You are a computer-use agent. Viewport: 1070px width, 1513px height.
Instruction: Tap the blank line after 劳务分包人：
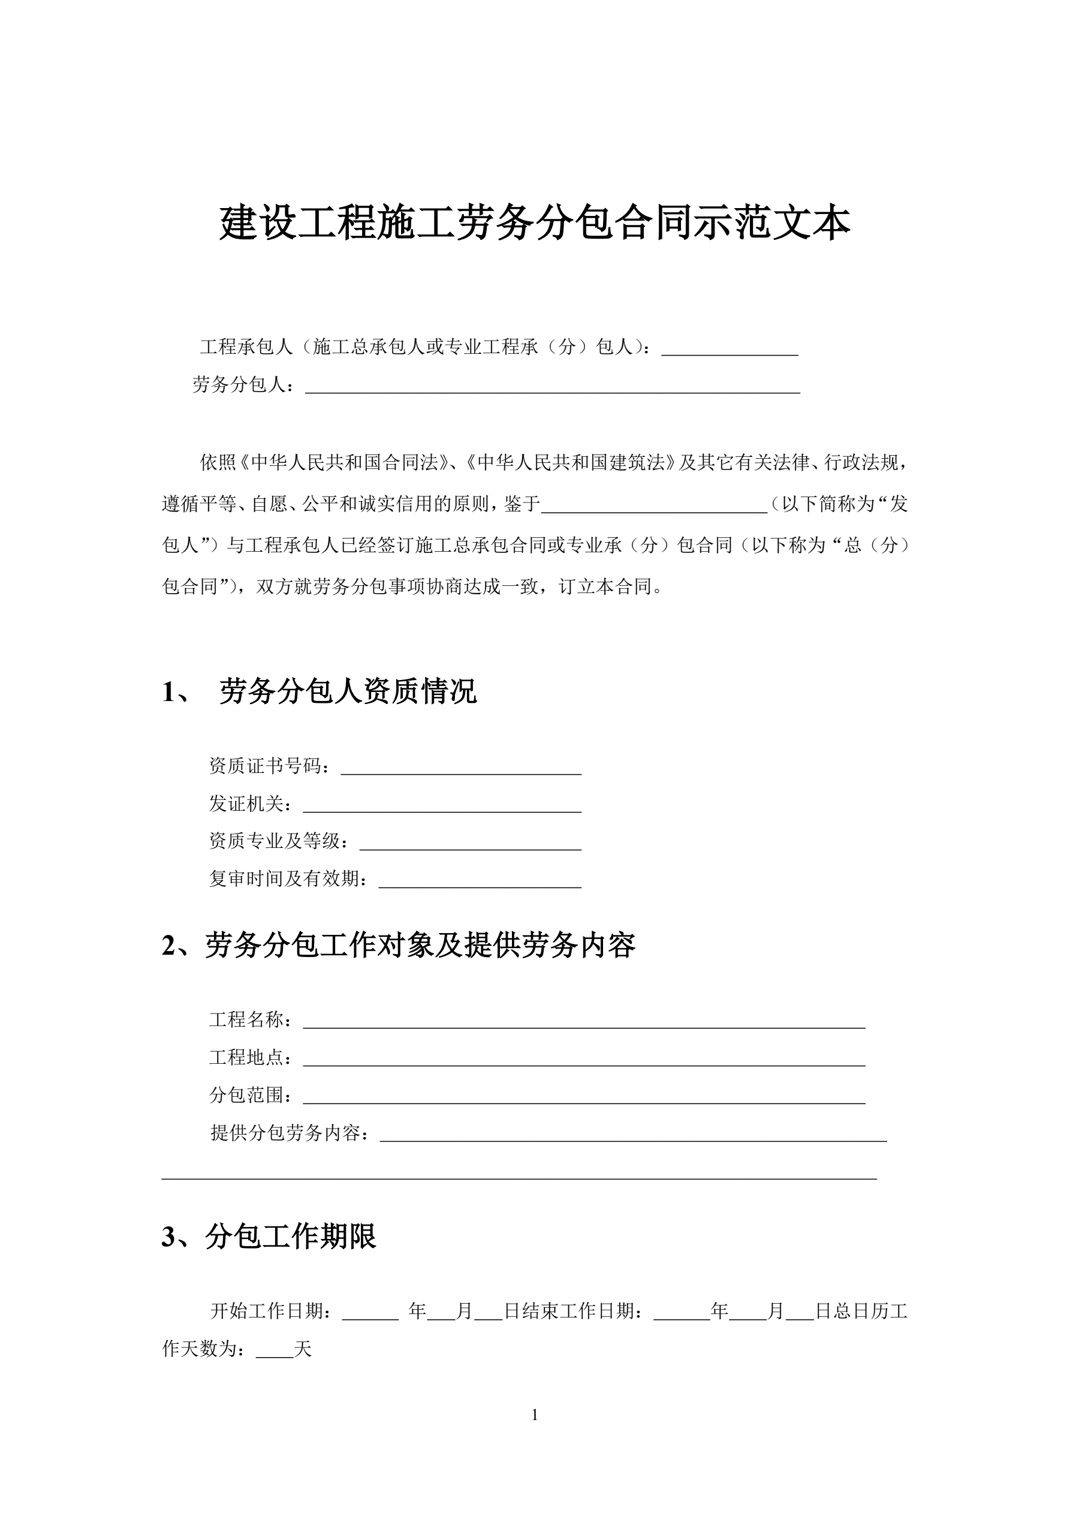(552, 386)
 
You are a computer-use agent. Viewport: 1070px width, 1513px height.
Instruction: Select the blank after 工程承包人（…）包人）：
(730, 348)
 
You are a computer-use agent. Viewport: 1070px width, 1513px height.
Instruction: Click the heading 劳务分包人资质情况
(348, 691)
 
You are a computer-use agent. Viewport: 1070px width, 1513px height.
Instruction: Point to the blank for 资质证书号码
(460, 766)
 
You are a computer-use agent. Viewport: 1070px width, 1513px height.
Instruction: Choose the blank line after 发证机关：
(441, 804)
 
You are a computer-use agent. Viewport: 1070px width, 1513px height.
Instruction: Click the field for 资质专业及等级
(470, 841)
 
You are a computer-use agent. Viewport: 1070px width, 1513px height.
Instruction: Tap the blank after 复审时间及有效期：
(480, 879)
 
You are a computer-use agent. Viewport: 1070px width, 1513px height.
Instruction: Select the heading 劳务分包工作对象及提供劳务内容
(420, 946)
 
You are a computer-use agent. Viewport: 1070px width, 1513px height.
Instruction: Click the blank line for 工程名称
(583, 1020)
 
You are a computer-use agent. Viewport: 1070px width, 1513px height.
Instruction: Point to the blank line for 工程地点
(583, 1058)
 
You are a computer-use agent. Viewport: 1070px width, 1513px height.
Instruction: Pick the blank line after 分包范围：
(583, 1095)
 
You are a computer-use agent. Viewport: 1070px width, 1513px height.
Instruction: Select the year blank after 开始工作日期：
(370, 1312)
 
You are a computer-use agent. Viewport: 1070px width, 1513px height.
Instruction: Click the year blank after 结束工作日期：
(682, 1312)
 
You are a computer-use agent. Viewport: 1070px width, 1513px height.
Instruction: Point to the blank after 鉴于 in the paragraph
(653, 505)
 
